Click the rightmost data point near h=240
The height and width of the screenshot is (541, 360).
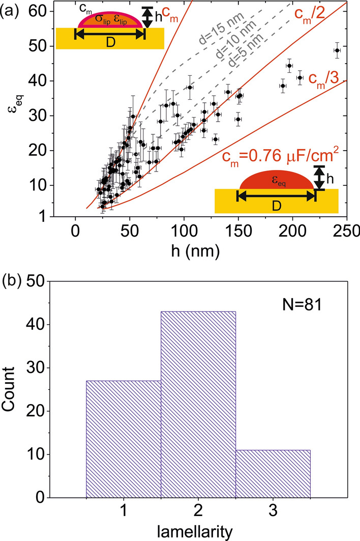coord(337,50)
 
